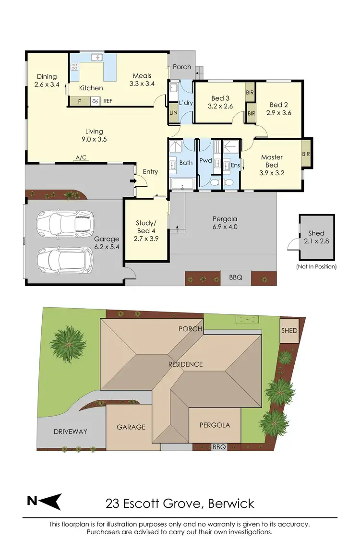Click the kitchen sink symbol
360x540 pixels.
point(97,58)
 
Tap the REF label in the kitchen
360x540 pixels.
point(108,101)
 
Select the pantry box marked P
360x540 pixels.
point(79,101)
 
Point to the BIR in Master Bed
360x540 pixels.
point(306,154)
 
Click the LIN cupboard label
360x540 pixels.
point(173,112)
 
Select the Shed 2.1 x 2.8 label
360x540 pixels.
point(316,237)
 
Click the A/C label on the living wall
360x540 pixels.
point(81,157)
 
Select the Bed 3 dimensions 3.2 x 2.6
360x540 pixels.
point(221,107)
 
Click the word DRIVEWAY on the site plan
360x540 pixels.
point(70,431)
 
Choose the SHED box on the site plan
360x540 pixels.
point(289,331)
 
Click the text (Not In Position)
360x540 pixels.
point(316,266)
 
